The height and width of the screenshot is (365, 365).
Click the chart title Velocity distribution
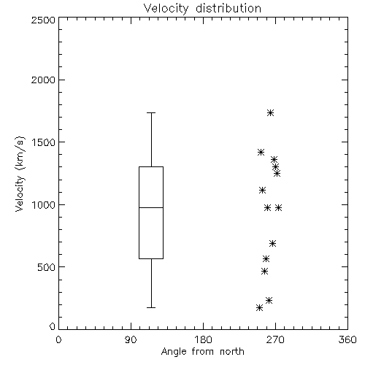click(x=202, y=8)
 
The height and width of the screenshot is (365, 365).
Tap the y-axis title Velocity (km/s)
click(x=20, y=174)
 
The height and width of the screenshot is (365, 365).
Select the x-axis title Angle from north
click(x=202, y=352)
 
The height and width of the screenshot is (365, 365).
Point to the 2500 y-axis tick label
click(x=43, y=20)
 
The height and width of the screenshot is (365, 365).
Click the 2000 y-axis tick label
click(x=43, y=80)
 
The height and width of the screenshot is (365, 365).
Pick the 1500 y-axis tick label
click(x=44, y=142)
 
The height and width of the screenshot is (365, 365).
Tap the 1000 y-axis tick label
click(x=44, y=205)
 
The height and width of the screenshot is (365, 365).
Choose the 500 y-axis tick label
click(x=47, y=267)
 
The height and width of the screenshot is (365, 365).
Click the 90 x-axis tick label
click(x=131, y=339)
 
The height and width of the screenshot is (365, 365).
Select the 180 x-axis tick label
click(x=203, y=339)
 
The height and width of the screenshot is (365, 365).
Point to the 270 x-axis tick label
click(x=275, y=339)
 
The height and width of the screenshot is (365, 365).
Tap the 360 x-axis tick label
click(x=347, y=339)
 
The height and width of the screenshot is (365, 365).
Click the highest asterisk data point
click(x=270, y=113)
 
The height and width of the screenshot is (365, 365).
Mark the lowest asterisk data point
click(x=260, y=308)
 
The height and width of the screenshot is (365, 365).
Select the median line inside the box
click(x=151, y=207)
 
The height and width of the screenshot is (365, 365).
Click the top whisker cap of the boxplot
click(x=151, y=113)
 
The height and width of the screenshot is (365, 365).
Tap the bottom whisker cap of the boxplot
click(x=151, y=308)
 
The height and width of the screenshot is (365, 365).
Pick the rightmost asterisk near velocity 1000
click(x=278, y=208)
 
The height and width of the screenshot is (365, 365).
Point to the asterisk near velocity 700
click(x=272, y=243)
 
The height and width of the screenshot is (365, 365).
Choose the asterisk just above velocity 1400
click(x=261, y=153)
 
